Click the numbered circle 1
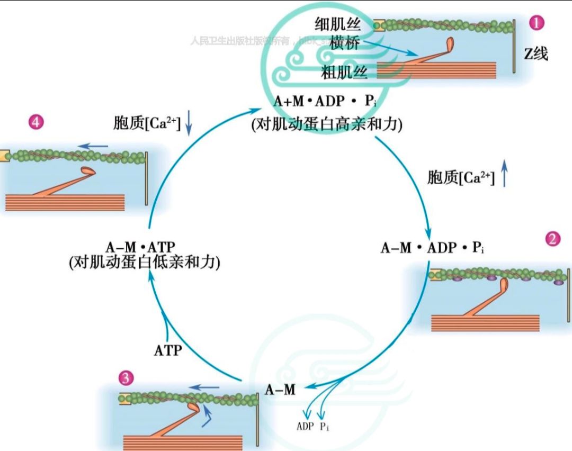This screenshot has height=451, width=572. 538,23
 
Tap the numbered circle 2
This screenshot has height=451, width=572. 553,239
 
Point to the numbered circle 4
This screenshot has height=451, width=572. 35,122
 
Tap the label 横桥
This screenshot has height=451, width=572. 344,43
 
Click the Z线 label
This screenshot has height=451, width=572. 536,54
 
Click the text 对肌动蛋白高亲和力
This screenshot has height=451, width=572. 328,125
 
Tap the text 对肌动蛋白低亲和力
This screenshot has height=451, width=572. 144,263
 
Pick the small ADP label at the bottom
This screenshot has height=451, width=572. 305,427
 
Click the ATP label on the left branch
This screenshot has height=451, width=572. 168,350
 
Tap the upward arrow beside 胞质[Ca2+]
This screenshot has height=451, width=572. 504,176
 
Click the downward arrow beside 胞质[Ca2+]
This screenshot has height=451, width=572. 189,124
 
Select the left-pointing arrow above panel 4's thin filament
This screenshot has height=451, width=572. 94,146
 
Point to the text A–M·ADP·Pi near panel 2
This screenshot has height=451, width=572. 432,247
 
